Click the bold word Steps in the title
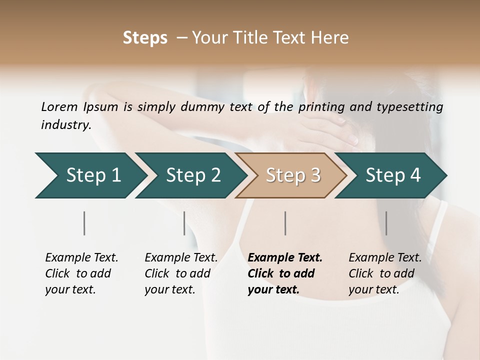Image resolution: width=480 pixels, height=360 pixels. pyautogui.click(x=145, y=38)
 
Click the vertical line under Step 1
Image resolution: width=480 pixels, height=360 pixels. pyautogui.click(x=84, y=223)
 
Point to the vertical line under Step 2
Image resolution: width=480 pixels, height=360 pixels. pyautogui.click(x=184, y=223)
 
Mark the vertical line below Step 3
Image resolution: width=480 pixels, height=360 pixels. pyautogui.click(x=285, y=223)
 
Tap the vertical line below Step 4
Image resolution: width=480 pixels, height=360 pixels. pyautogui.click(x=386, y=223)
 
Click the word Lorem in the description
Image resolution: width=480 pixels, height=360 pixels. pyautogui.click(x=59, y=106)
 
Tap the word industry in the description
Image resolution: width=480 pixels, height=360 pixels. pyautogui.click(x=66, y=124)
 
